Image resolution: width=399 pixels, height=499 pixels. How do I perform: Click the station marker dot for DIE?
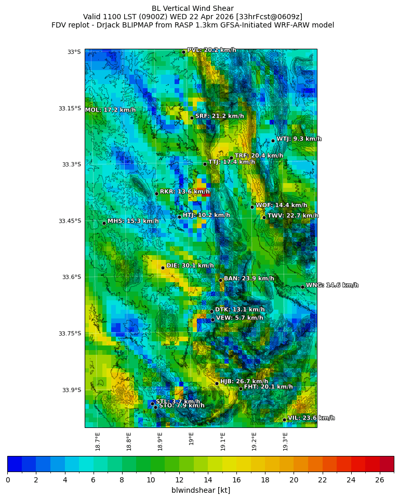point(163,268)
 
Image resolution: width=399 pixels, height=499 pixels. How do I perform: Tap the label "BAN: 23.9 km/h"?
point(249,279)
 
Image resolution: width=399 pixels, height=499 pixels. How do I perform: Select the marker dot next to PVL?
point(183,52)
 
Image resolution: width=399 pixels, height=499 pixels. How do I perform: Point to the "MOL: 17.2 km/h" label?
point(111,110)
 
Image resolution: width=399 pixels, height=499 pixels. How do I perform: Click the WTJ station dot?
point(273,141)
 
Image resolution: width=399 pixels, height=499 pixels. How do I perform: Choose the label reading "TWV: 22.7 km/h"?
point(293,216)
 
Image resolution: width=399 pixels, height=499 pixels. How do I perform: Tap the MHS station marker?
point(104,223)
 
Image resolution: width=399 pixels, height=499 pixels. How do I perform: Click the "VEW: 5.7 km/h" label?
point(240,318)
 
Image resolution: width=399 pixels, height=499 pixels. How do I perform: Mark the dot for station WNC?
point(302,287)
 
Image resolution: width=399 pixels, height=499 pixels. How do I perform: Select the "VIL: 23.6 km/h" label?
point(311,418)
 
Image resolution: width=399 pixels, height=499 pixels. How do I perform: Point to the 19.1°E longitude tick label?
point(223,441)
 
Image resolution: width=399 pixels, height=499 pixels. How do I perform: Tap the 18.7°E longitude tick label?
point(98,441)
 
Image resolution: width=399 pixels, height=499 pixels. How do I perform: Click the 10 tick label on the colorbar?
point(151,480)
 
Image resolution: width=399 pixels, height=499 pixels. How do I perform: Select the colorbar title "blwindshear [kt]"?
point(201,490)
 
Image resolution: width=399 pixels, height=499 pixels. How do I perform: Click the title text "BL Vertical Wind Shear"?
point(193,8)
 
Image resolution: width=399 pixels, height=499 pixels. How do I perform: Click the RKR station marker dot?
point(156,193)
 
